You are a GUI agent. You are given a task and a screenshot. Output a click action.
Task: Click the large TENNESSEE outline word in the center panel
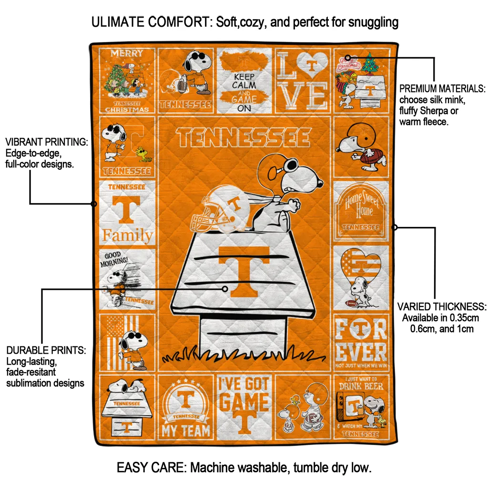(244, 138)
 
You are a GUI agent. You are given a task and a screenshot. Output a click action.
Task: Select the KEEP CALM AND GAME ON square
(244, 80)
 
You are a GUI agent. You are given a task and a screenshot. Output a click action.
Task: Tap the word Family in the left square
(127, 235)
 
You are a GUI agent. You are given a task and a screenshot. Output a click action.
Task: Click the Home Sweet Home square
(361, 211)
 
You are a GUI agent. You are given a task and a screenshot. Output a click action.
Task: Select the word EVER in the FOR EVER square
(361, 352)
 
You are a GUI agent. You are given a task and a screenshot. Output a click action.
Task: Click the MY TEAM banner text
(185, 430)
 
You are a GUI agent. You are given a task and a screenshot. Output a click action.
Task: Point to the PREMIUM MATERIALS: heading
(442, 89)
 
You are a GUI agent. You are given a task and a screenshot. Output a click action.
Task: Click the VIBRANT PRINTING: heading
(46, 142)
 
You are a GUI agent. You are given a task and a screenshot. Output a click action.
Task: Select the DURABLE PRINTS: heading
(46, 350)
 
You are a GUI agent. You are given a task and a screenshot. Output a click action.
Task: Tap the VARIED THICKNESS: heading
(442, 306)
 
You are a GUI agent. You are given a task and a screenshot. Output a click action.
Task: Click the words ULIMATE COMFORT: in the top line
(152, 22)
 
